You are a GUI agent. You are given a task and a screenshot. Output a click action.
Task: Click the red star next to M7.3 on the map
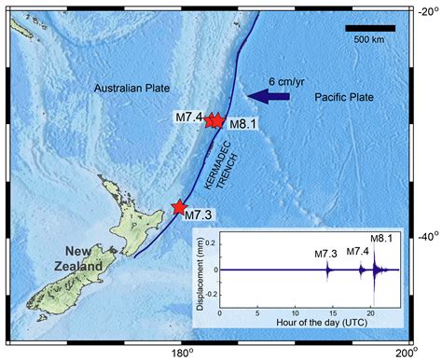179,207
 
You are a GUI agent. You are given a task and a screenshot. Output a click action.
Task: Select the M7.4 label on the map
187,118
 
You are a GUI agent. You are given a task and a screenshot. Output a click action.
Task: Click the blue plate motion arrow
272,95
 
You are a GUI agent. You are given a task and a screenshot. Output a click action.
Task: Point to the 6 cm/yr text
287,79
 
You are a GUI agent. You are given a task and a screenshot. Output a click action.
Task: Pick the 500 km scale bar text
370,39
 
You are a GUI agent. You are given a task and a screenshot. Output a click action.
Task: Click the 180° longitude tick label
181,351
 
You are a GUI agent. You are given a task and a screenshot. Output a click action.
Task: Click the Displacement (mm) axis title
198,270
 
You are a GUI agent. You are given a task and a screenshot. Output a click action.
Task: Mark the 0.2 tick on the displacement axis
212,242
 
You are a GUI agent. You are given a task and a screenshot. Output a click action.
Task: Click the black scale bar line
370,28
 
